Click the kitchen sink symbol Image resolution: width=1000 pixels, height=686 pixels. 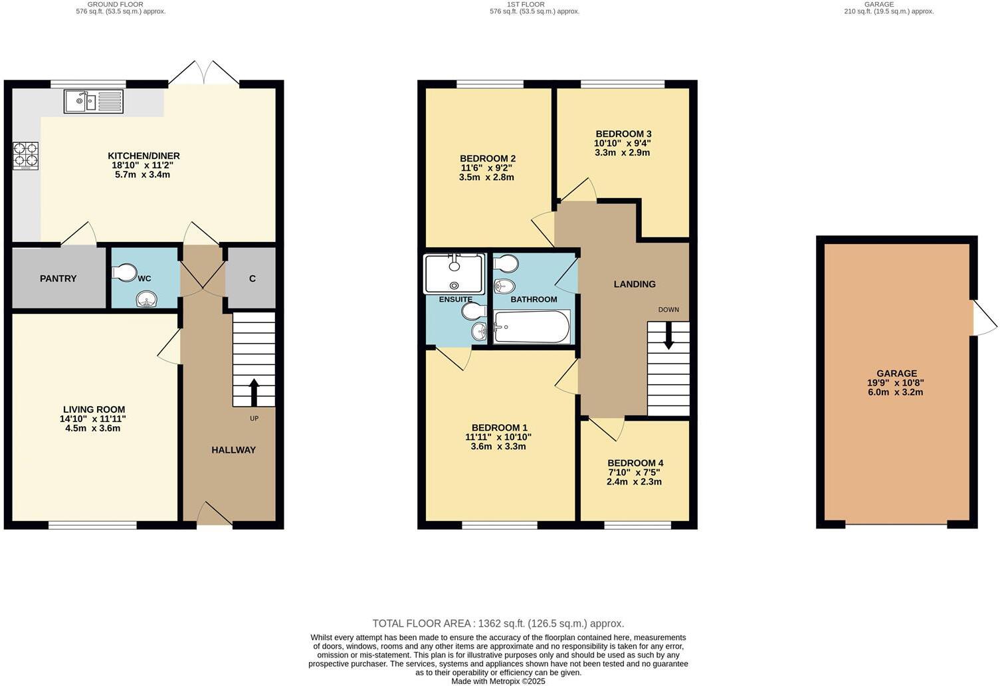94,102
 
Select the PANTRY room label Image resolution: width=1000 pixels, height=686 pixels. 58,279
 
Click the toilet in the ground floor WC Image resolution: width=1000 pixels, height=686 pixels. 125,273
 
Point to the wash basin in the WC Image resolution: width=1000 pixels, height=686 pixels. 145,300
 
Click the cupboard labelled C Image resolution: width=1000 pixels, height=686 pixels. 252,279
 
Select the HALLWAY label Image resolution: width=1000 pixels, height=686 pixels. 233,450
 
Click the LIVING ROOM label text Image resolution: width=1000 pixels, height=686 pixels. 94,409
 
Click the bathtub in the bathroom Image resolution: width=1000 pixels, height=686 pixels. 532,327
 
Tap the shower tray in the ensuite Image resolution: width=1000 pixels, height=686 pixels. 454,273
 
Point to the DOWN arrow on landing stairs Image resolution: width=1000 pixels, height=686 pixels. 668,336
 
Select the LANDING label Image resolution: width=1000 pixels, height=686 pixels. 634,284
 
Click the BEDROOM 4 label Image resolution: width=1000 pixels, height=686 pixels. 635,463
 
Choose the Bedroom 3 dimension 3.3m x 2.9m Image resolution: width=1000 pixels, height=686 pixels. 622,152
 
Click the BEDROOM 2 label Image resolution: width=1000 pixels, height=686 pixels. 487,158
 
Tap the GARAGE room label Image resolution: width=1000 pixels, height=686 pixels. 896,374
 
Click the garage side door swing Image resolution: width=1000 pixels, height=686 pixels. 984,318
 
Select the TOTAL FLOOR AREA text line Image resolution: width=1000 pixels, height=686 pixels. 498,624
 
